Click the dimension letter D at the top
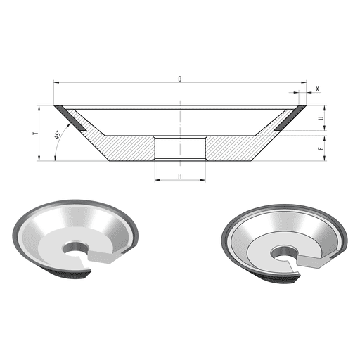[x=180, y=79]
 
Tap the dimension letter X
[x=318, y=89]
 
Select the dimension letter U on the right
[x=321, y=118]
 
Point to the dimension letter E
[x=321, y=148]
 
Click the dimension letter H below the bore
[x=180, y=176]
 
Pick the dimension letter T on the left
[x=36, y=134]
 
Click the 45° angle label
[x=58, y=135]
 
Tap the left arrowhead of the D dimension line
[x=56, y=82]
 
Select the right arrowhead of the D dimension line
[x=304, y=82]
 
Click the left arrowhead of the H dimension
[x=157, y=180]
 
